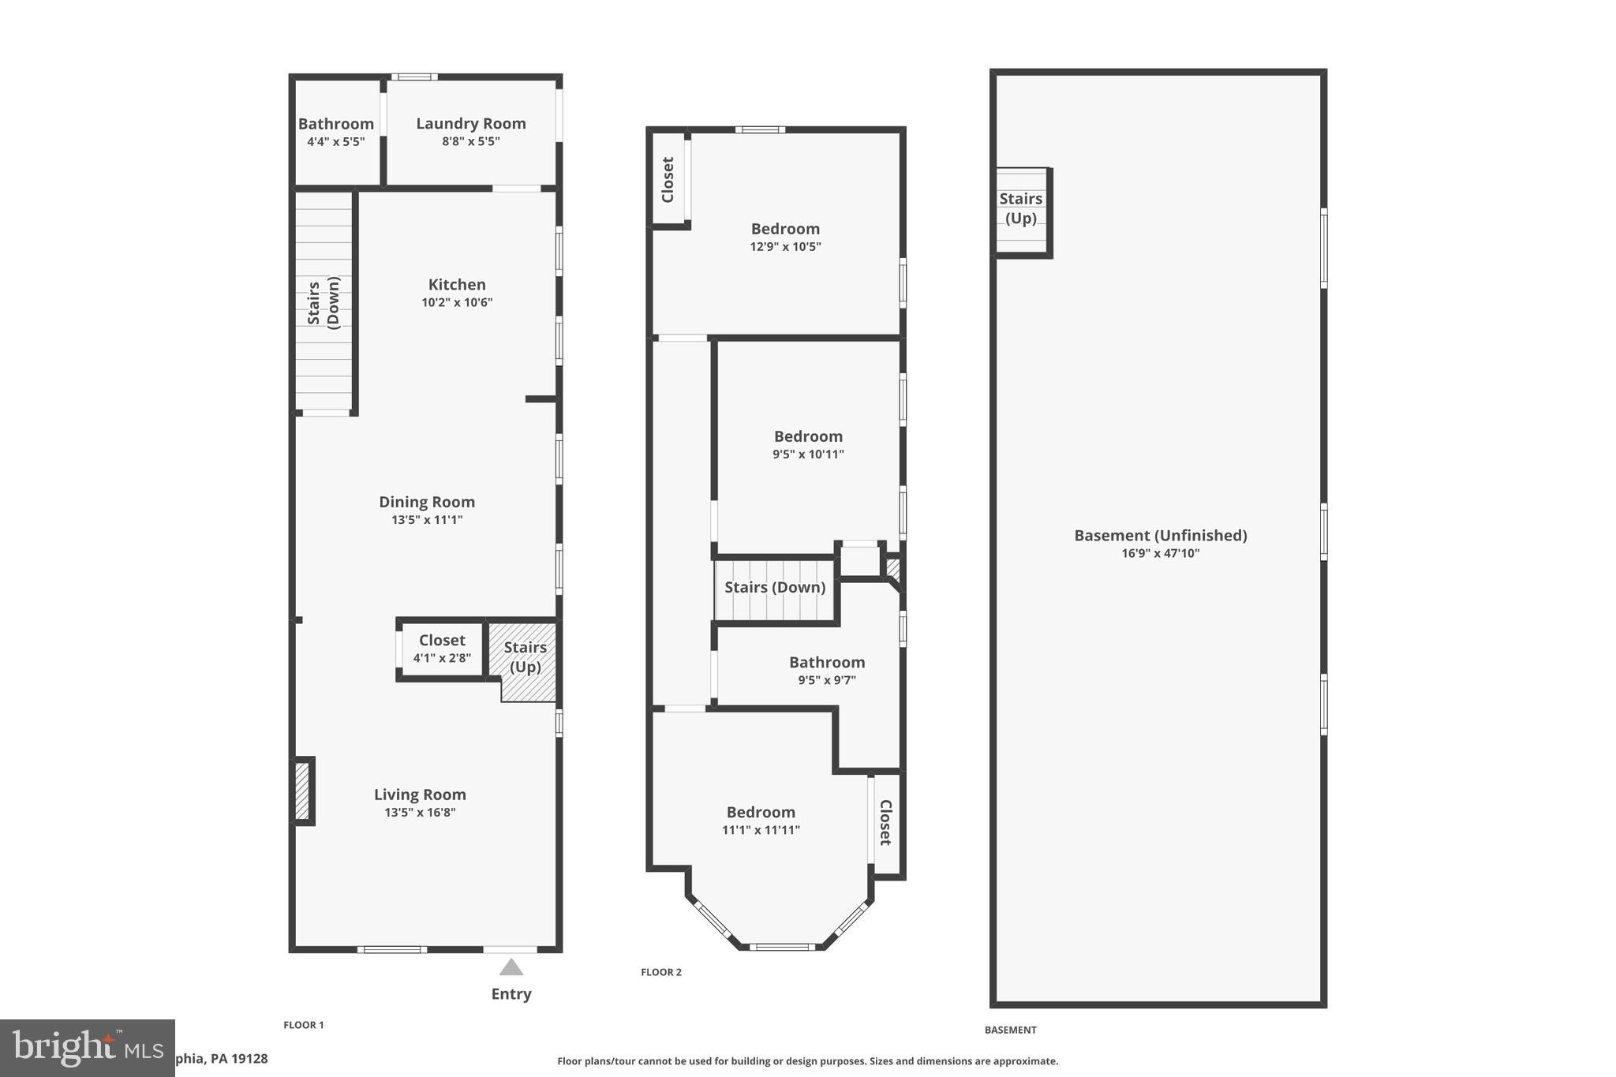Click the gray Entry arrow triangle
[x=511, y=967]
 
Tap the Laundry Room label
[x=471, y=124]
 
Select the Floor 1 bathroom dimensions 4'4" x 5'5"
[x=335, y=142]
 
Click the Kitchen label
[x=457, y=285]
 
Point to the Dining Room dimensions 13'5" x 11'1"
[x=427, y=520]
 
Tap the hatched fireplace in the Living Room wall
[x=302, y=791]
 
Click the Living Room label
[x=420, y=795]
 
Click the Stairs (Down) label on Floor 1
[x=324, y=302]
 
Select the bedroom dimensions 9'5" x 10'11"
[x=808, y=454]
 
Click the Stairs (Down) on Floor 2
[x=775, y=588]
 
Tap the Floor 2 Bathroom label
[x=827, y=663]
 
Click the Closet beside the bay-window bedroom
[x=885, y=823]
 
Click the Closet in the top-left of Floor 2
[x=668, y=180]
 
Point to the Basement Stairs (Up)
[x=1021, y=209]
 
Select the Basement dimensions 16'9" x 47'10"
[x=1160, y=554]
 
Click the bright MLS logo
[x=87, y=1048]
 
